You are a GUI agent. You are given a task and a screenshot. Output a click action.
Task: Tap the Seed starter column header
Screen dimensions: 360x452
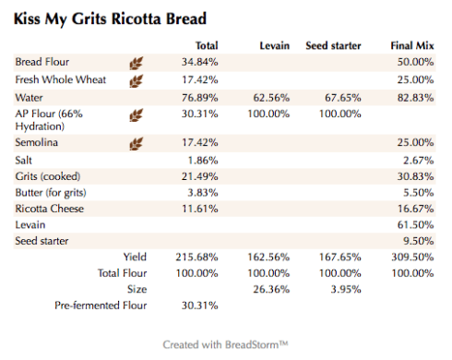[x=333, y=45]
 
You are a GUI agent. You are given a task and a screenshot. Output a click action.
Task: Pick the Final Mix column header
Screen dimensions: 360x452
[x=411, y=45]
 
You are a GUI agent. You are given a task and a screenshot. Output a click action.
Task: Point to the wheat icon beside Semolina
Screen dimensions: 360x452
[x=136, y=143]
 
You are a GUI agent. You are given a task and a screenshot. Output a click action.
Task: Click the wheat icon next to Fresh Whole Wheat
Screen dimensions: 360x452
[x=136, y=79]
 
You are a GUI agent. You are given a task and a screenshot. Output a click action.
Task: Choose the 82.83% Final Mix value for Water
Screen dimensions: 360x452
[x=414, y=96]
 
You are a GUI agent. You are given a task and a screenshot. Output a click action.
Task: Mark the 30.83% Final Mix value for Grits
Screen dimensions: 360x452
[x=414, y=176]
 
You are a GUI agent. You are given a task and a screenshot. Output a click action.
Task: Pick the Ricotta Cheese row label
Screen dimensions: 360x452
[x=50, y=209]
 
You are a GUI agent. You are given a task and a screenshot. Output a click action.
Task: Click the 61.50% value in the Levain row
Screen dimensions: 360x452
[x=414, y=225]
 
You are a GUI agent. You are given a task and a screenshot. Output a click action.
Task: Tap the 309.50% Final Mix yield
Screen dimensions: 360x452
[x=411, y=258]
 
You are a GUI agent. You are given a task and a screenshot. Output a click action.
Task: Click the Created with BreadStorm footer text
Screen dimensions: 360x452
[x=226, y=344]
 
